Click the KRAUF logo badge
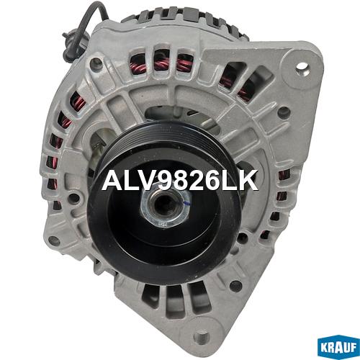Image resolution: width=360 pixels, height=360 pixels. pyautogui.click(x=338, y=346)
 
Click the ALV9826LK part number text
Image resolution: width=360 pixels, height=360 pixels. pyautogui.click(x=180, y=180)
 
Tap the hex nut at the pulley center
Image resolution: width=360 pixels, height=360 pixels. pyautogui.click(x=165, y=206)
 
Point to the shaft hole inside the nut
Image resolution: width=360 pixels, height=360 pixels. pyautogui.click(x=162, y=204)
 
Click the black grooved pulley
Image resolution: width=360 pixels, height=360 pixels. pyautogui.click(x=164, y=203)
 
